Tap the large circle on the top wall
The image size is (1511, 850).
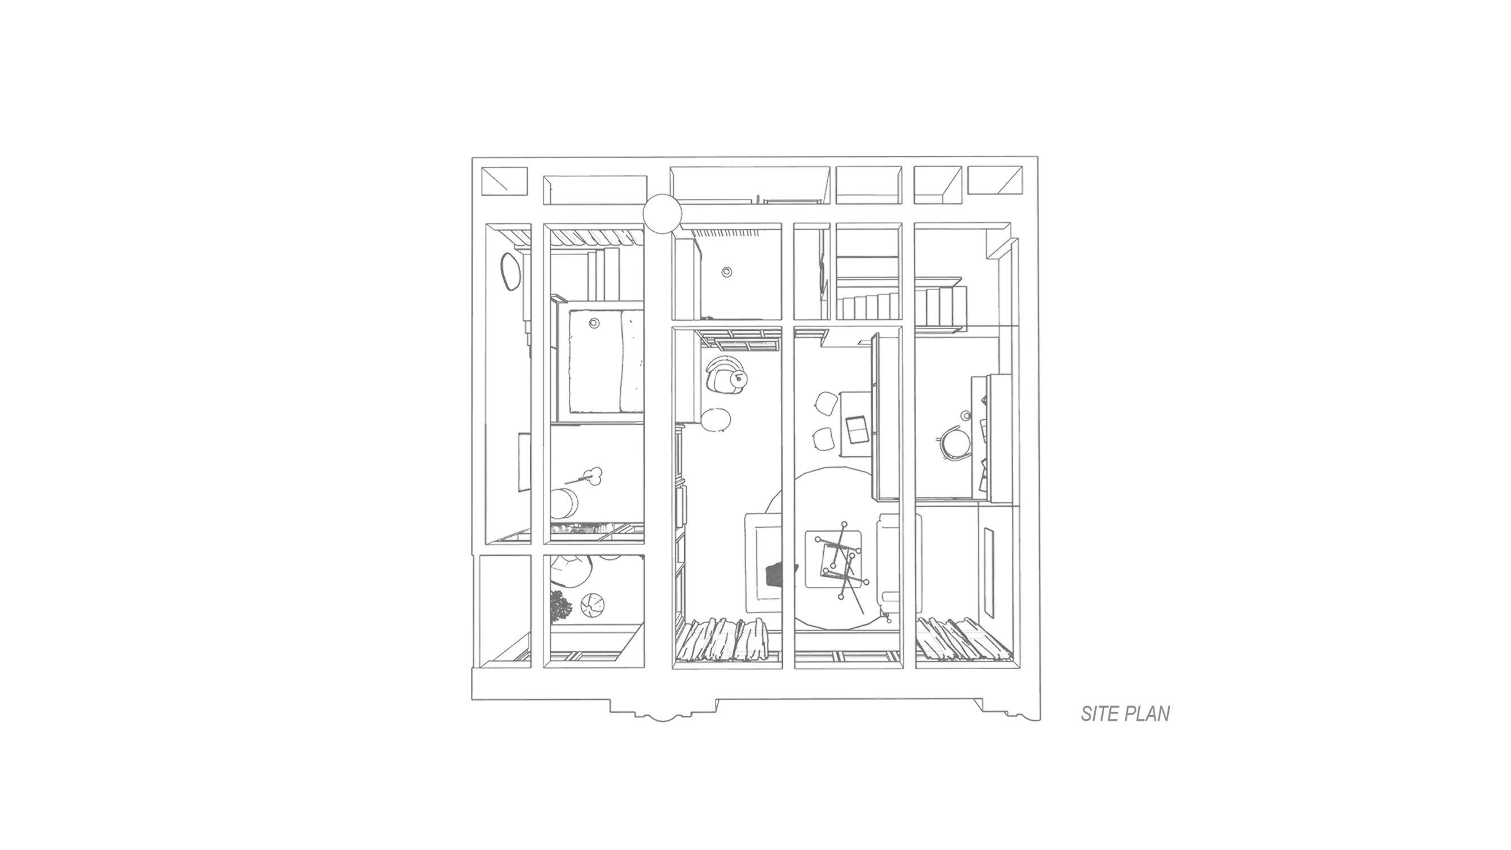pyautogui.click(x=662, y=214)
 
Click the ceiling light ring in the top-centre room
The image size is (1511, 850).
pyautogui.click(x=727, y=272)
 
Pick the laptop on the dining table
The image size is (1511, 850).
pyautogui.click(x=857, y=430)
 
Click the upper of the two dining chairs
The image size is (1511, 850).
pyautogui.click(x=826, y=404)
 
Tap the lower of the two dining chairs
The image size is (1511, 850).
pyautogui.click(x=824, y=439)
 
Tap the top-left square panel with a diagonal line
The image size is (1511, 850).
pyautogui.click(x=504, y=181)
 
